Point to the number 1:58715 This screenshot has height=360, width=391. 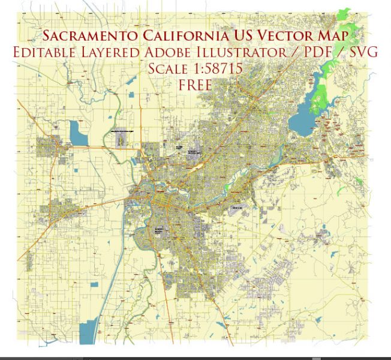click(x=219, y=68)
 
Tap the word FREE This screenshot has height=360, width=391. click(x=195, y=85)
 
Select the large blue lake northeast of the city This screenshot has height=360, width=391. click(x=303, y=119)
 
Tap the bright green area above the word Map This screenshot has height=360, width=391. click(x=343, y=15)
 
